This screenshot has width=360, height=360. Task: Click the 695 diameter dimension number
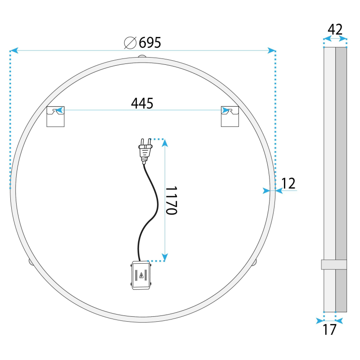coord(150,42)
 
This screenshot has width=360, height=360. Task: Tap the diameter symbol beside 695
coord(130,43)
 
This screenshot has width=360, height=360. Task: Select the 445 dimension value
coord(142,103)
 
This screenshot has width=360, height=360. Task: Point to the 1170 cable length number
coord(171,200)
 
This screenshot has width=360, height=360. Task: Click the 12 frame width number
coord(288,183)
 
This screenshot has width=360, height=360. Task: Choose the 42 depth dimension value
coord(335,29)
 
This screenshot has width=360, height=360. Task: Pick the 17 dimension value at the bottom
coord(329,329)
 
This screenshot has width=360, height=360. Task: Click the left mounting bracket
coord(55,117)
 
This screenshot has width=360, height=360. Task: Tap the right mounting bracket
coord(230,117)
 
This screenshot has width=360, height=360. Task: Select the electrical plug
coord(145,151)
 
